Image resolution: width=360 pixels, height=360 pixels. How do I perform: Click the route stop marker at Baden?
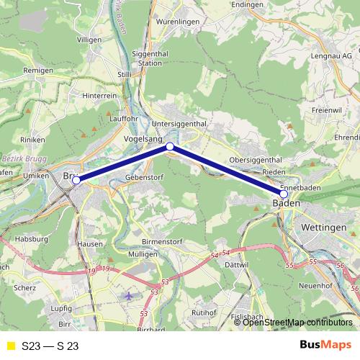[x=284, y=194]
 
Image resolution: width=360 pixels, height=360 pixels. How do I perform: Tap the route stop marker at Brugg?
[x=76, y=181]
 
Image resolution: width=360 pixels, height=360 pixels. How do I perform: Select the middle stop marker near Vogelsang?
[x=170, y=147]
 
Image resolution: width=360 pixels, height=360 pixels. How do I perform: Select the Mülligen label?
[x=141, y=255]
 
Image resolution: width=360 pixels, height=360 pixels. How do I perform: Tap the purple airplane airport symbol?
[x=129, y=296]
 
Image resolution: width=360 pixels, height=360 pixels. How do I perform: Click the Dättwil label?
[x=235, y=266]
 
